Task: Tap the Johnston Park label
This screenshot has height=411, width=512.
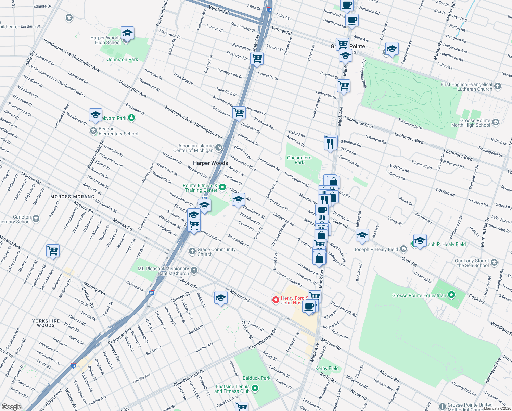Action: (x=123, y=59)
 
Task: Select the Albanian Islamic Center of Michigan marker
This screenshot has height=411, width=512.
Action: (x=219, y=148)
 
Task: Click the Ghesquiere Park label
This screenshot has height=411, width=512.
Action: (x=299, y=160)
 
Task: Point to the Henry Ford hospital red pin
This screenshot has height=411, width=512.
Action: (x=276, y=300)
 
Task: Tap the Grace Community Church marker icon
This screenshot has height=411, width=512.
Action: (x=192, y=251)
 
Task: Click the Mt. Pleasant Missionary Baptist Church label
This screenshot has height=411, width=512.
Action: (x=163, y=271)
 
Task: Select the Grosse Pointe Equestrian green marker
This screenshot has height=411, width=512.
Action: (x=451, y=295)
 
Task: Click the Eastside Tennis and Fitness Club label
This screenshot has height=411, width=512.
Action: (x=232, y=389)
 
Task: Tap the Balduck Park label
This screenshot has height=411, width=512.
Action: (x=256, y=378)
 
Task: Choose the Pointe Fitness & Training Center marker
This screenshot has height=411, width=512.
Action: (x=222, y=187)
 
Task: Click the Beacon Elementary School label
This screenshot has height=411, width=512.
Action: (x=118, y=132)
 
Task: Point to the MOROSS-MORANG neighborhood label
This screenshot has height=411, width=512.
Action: (x=72, y=197)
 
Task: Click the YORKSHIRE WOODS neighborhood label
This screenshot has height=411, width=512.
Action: (x=46, y=323)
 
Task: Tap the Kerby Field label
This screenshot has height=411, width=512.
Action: (x=327, y=368)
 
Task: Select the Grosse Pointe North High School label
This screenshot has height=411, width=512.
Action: (x=471, y=123)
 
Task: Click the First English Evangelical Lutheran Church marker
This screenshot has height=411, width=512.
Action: (x=498, y=86)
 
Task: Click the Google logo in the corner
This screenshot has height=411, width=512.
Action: (x=11, y=407)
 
